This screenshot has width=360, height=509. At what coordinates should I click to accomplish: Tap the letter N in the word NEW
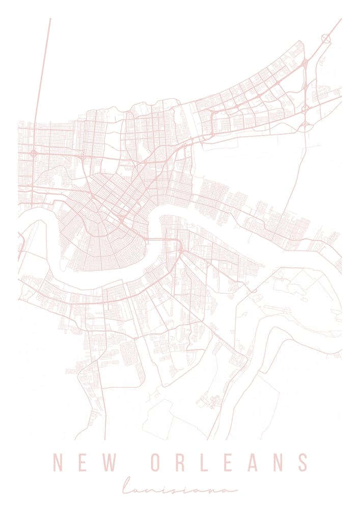58,463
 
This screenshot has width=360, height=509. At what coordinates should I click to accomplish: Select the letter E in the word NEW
85,463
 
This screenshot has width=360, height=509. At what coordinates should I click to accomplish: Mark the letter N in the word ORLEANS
280,463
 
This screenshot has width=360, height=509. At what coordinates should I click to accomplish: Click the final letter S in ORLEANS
304,463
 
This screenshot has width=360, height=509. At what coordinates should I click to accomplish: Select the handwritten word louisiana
180,487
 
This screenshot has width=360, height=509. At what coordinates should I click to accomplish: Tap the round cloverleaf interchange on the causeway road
34,152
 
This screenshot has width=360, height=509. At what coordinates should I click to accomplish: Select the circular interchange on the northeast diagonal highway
326,38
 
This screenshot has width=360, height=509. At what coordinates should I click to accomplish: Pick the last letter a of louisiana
232,489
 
